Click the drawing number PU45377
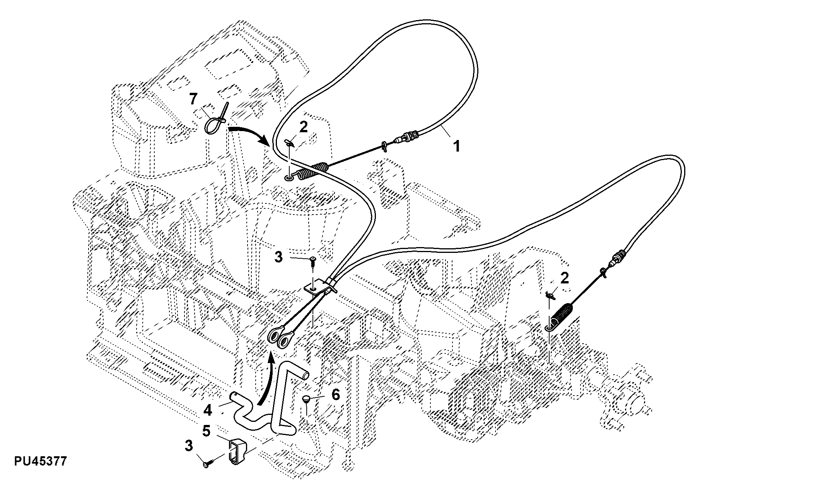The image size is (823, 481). click(x=40, y=461)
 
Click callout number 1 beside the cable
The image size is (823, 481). click(x=457, y=146)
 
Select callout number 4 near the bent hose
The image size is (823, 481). click(x=208, y=410)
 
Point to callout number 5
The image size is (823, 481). click(x=207, y=431)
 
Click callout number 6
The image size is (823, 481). click(x=335, y=395)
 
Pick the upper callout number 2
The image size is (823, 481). click(x=304, y=127)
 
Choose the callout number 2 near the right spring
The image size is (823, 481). click(x=565, y=278)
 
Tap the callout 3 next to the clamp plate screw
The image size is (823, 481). click(x=279, y=257)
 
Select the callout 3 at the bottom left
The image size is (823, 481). click(x=188, y=446)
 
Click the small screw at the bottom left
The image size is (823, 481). click(x=209, y=463)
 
